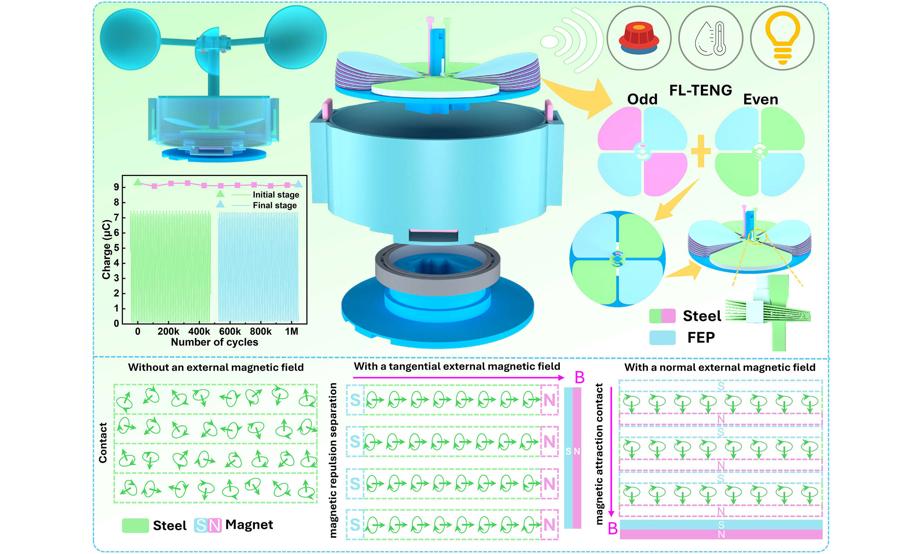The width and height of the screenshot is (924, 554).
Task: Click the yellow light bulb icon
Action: coord(782,38)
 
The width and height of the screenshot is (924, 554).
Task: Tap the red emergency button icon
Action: coord(638,38)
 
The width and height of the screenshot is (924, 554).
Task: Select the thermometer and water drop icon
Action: coord(710,38)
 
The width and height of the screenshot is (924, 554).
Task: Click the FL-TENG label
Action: coord(700,90)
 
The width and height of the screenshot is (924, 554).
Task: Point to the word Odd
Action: coord(642,99)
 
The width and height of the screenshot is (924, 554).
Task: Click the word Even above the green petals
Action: coord(760,99)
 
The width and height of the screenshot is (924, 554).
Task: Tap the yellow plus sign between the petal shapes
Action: coord(701,151)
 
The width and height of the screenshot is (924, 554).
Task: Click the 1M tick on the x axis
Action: coord(291,331)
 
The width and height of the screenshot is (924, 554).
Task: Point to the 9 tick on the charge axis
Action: coord(117,187)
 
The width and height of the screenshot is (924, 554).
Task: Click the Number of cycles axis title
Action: coord(214,342)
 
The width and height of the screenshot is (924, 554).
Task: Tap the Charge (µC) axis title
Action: coord(106,249)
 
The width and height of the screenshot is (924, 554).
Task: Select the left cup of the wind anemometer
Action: coord(130,40)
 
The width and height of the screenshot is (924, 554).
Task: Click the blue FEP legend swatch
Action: coord(662,338)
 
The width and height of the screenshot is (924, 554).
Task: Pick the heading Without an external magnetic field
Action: coord(216,367)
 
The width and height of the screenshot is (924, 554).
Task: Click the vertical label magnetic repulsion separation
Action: coord(333,460)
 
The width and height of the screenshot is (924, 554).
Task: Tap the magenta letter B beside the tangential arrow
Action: coord(579,377)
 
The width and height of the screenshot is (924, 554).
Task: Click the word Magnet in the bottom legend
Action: coord(249,524)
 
